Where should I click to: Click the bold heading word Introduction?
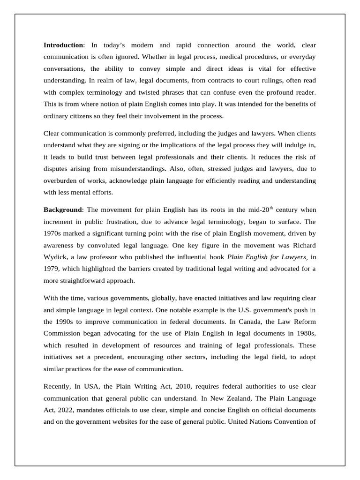pyautogui.click(x=63, y=45)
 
